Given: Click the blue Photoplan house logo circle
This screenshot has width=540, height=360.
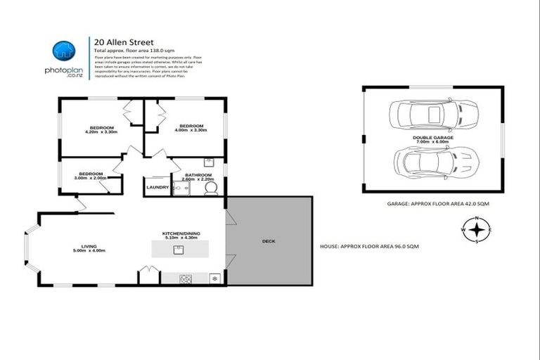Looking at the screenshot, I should pos(64,49).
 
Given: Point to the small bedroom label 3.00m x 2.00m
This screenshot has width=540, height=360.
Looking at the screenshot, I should pos(91,176).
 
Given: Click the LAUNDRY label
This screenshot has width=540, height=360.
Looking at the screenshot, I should pos(157,187).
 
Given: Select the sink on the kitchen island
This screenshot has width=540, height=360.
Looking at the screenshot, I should pos(181,250).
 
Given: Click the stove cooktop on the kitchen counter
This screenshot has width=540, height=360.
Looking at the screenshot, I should pos(187,278).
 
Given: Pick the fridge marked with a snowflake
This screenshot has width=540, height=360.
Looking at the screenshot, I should pos(214,278).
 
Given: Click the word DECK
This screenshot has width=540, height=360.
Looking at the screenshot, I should pos(268,241).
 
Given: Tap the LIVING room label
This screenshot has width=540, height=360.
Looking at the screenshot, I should pos(89,248).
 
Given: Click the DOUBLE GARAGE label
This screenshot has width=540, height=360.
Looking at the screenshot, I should pos(432,139).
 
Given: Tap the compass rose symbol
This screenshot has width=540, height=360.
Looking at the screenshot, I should pos(476,230).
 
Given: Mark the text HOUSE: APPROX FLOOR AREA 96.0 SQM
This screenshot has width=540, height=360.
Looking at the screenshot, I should pos(369,246).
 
